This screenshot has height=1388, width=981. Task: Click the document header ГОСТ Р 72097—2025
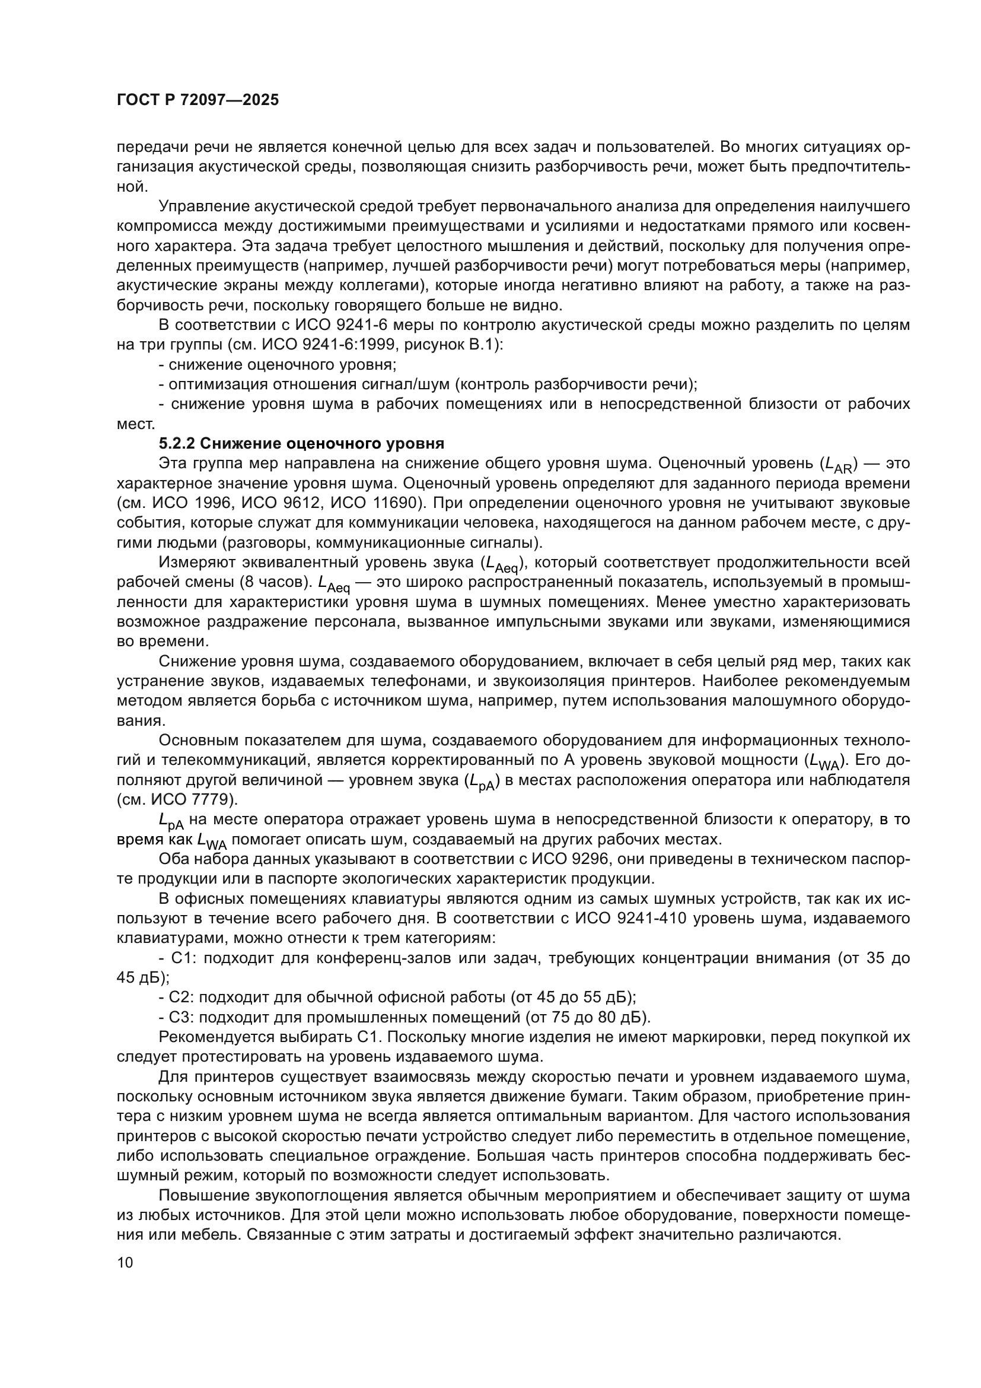198,100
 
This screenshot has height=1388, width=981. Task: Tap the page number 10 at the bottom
125,1263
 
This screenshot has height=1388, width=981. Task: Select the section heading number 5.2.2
177,444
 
